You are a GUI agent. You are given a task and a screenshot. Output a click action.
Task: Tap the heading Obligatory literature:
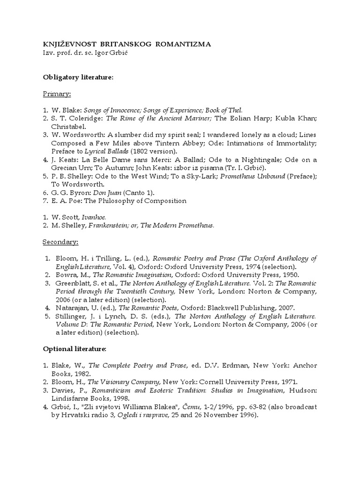[78, 77]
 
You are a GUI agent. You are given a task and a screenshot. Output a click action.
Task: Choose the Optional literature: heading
[75, 349]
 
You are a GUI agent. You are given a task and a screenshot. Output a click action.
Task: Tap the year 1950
[289, 275]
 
